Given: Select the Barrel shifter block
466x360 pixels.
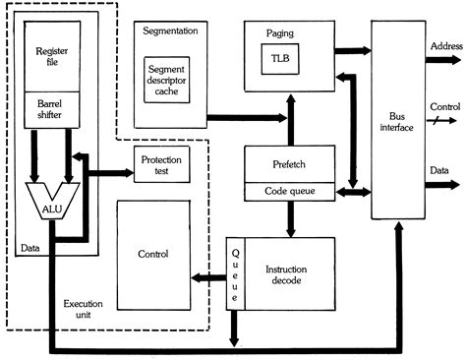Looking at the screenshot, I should pos(51,110).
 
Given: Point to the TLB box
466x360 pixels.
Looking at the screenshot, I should pos(281,61).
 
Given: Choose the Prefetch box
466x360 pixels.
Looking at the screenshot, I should pos(288,162).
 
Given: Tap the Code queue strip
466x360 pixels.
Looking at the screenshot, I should pos(288,190).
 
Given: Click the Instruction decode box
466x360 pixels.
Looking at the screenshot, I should pos(291,274).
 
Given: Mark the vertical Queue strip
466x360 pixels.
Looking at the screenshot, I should pos(234,274).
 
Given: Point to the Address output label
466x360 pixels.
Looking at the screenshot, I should pos(445,46).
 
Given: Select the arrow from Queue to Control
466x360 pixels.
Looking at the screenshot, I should pos(209,276).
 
